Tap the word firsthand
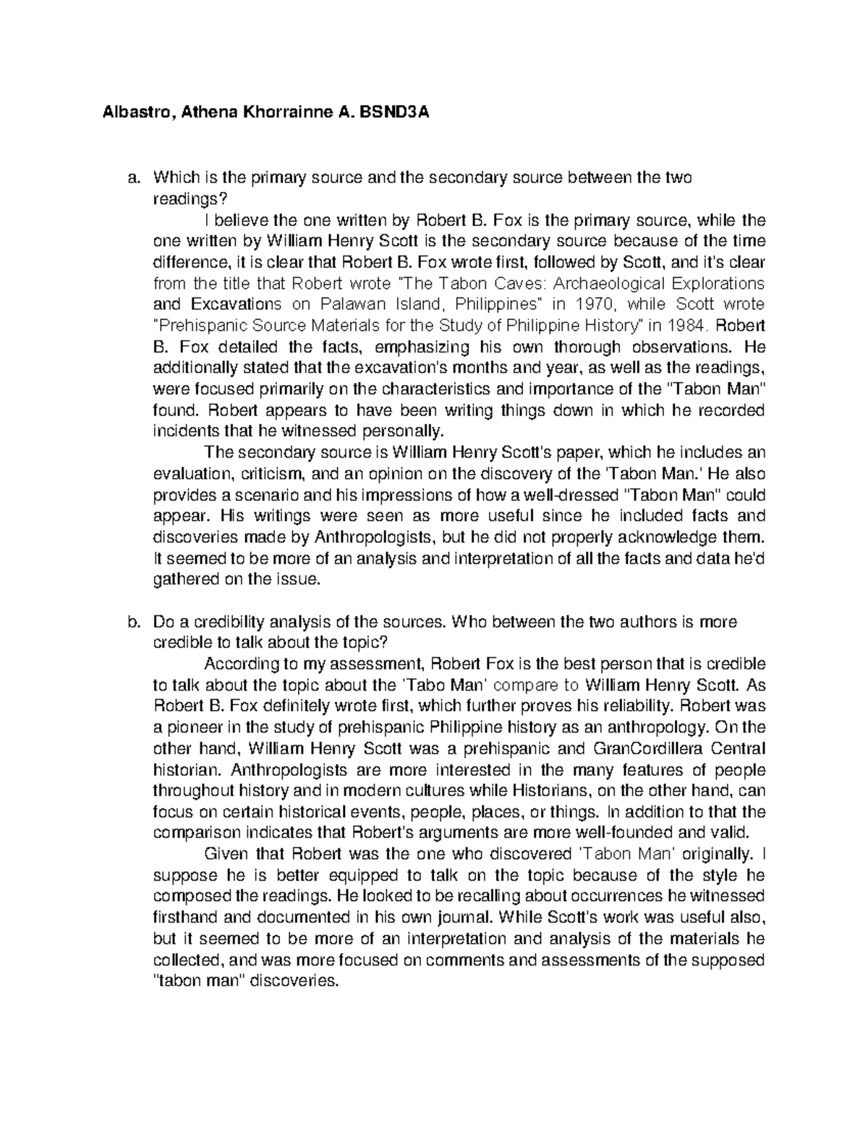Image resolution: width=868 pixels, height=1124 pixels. pyautogui.click(x=184, y=917)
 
